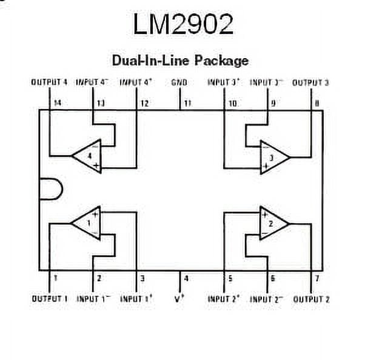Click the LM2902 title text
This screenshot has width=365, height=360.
[x=182, y=25]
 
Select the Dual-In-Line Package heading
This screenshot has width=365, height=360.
[x=180, y=61]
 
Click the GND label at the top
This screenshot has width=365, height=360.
[x=179, y=82]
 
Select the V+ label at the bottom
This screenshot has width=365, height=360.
[x=180, y=299]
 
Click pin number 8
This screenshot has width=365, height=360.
[x=316, y=103]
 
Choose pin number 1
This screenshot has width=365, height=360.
[x=55, y=279]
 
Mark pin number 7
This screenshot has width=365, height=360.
[x=316, y=279]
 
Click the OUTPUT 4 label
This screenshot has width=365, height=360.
[x=49, y=82]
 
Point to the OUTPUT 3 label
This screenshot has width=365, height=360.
[x=310, y=82]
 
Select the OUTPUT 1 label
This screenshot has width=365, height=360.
[x=49, y=299]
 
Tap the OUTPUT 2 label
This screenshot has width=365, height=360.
[x=311, y=299]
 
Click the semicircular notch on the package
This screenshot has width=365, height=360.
[x=50, y=189]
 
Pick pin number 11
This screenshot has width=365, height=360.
[x=187, y=103]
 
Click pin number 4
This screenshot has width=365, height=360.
[x=186, y=279]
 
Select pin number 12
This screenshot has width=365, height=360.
[x=144, y=103]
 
